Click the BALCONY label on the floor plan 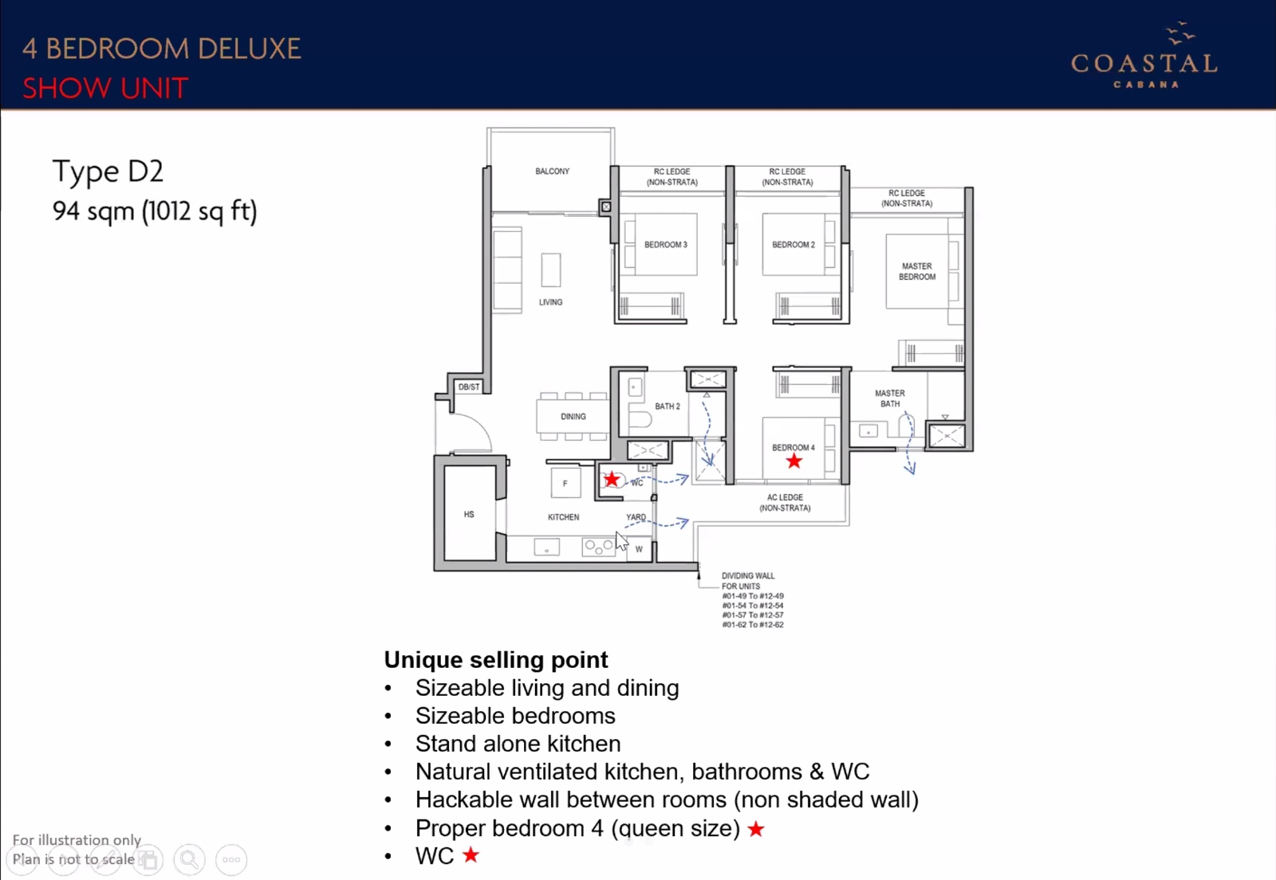552,171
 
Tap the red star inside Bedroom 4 794,461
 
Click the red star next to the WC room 612,479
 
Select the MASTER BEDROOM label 917,272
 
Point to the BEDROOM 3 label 665,245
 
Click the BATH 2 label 667,407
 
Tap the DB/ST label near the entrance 469,387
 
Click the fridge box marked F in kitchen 565,483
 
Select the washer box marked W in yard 639,549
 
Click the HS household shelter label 469,515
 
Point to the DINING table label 573,417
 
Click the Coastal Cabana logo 1144,55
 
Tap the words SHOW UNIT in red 105,88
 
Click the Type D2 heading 108,171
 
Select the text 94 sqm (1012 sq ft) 155,211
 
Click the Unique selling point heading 495,660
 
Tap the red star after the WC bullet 471,854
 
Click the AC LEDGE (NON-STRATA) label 785,503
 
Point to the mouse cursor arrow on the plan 621,540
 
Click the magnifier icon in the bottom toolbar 190,859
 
